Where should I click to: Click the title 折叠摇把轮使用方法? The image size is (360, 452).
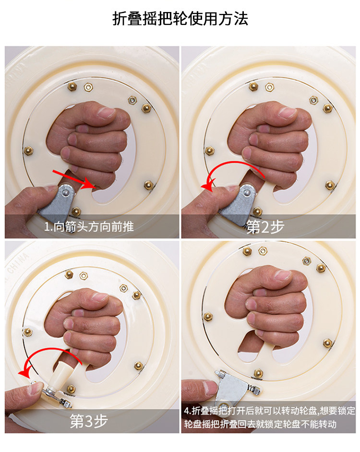pyautogui.click(x=180, y=19)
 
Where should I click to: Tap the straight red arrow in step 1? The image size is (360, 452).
pyautogui.click(x=74, y=180)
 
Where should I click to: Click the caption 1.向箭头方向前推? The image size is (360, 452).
pyautogui.click(x=89, y=227)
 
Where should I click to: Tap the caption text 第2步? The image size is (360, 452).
pyautogui.click(x=265, y=227)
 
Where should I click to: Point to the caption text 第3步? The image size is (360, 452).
pyautogui.click(x=89, y=421)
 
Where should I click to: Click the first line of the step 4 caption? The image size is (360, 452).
pyautogui.click(x=269, y=411)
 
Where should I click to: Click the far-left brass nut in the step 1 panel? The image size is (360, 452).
pyautogui.click(x=28, y=150)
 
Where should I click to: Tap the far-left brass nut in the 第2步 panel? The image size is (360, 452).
pyautogui.click(x=209, y=150)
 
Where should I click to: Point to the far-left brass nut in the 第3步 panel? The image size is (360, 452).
pyautogui.click(x=28, y=332)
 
